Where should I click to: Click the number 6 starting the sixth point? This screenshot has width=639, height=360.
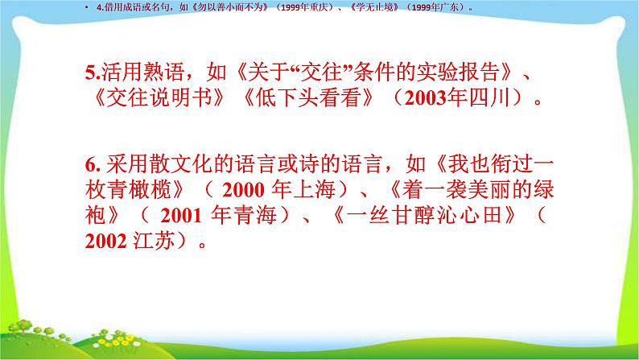(x=89, y=167)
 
